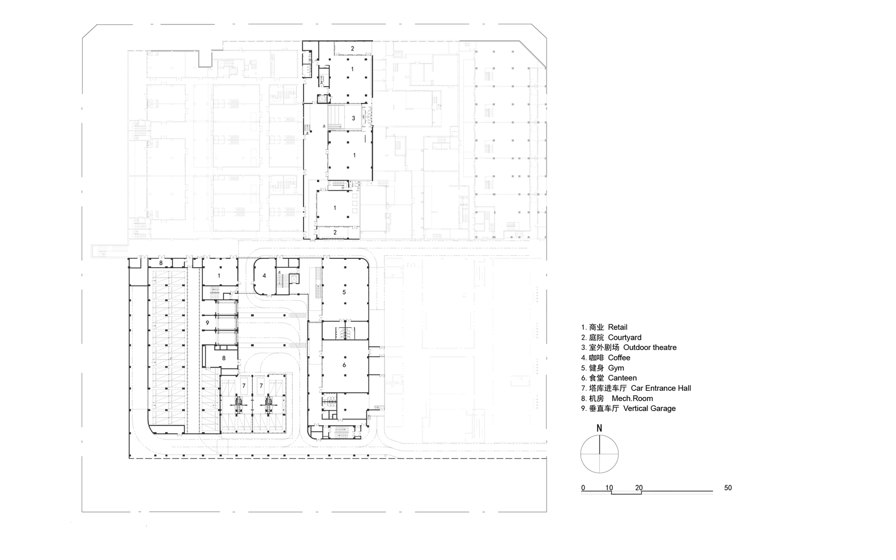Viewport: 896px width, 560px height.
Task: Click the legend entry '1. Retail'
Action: (x=604, y=327)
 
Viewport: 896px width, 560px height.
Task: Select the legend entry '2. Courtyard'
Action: (x=611, y=337)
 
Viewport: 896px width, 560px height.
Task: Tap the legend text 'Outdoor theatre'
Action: (x=650, y=348)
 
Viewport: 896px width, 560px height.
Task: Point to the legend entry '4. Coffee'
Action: (x=605, y=358)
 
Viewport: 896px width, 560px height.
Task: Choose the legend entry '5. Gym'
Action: (x=602, y=368)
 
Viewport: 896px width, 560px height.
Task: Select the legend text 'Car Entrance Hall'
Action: (x=660, y=388)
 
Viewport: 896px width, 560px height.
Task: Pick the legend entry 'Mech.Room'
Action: (x=635, y=399)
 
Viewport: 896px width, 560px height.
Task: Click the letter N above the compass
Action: (x=599, y=428)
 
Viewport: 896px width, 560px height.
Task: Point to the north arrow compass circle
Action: (x=599, y=454)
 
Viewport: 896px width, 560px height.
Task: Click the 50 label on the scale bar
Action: (x=728, y=488)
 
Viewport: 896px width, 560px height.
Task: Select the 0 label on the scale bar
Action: (x=583, y=488)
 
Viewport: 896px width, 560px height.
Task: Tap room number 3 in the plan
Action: (x=353, y=118)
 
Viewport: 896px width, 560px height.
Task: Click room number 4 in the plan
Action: (x=264, y=276)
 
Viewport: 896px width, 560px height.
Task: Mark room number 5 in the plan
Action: (x=344, y=292)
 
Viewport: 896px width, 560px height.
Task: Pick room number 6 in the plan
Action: (x=344, y=365)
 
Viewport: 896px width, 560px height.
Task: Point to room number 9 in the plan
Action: (x=208, y=323)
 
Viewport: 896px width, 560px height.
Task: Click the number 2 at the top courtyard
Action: (x=352, y=49)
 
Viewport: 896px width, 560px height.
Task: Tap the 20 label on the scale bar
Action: (x=639, y=488)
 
